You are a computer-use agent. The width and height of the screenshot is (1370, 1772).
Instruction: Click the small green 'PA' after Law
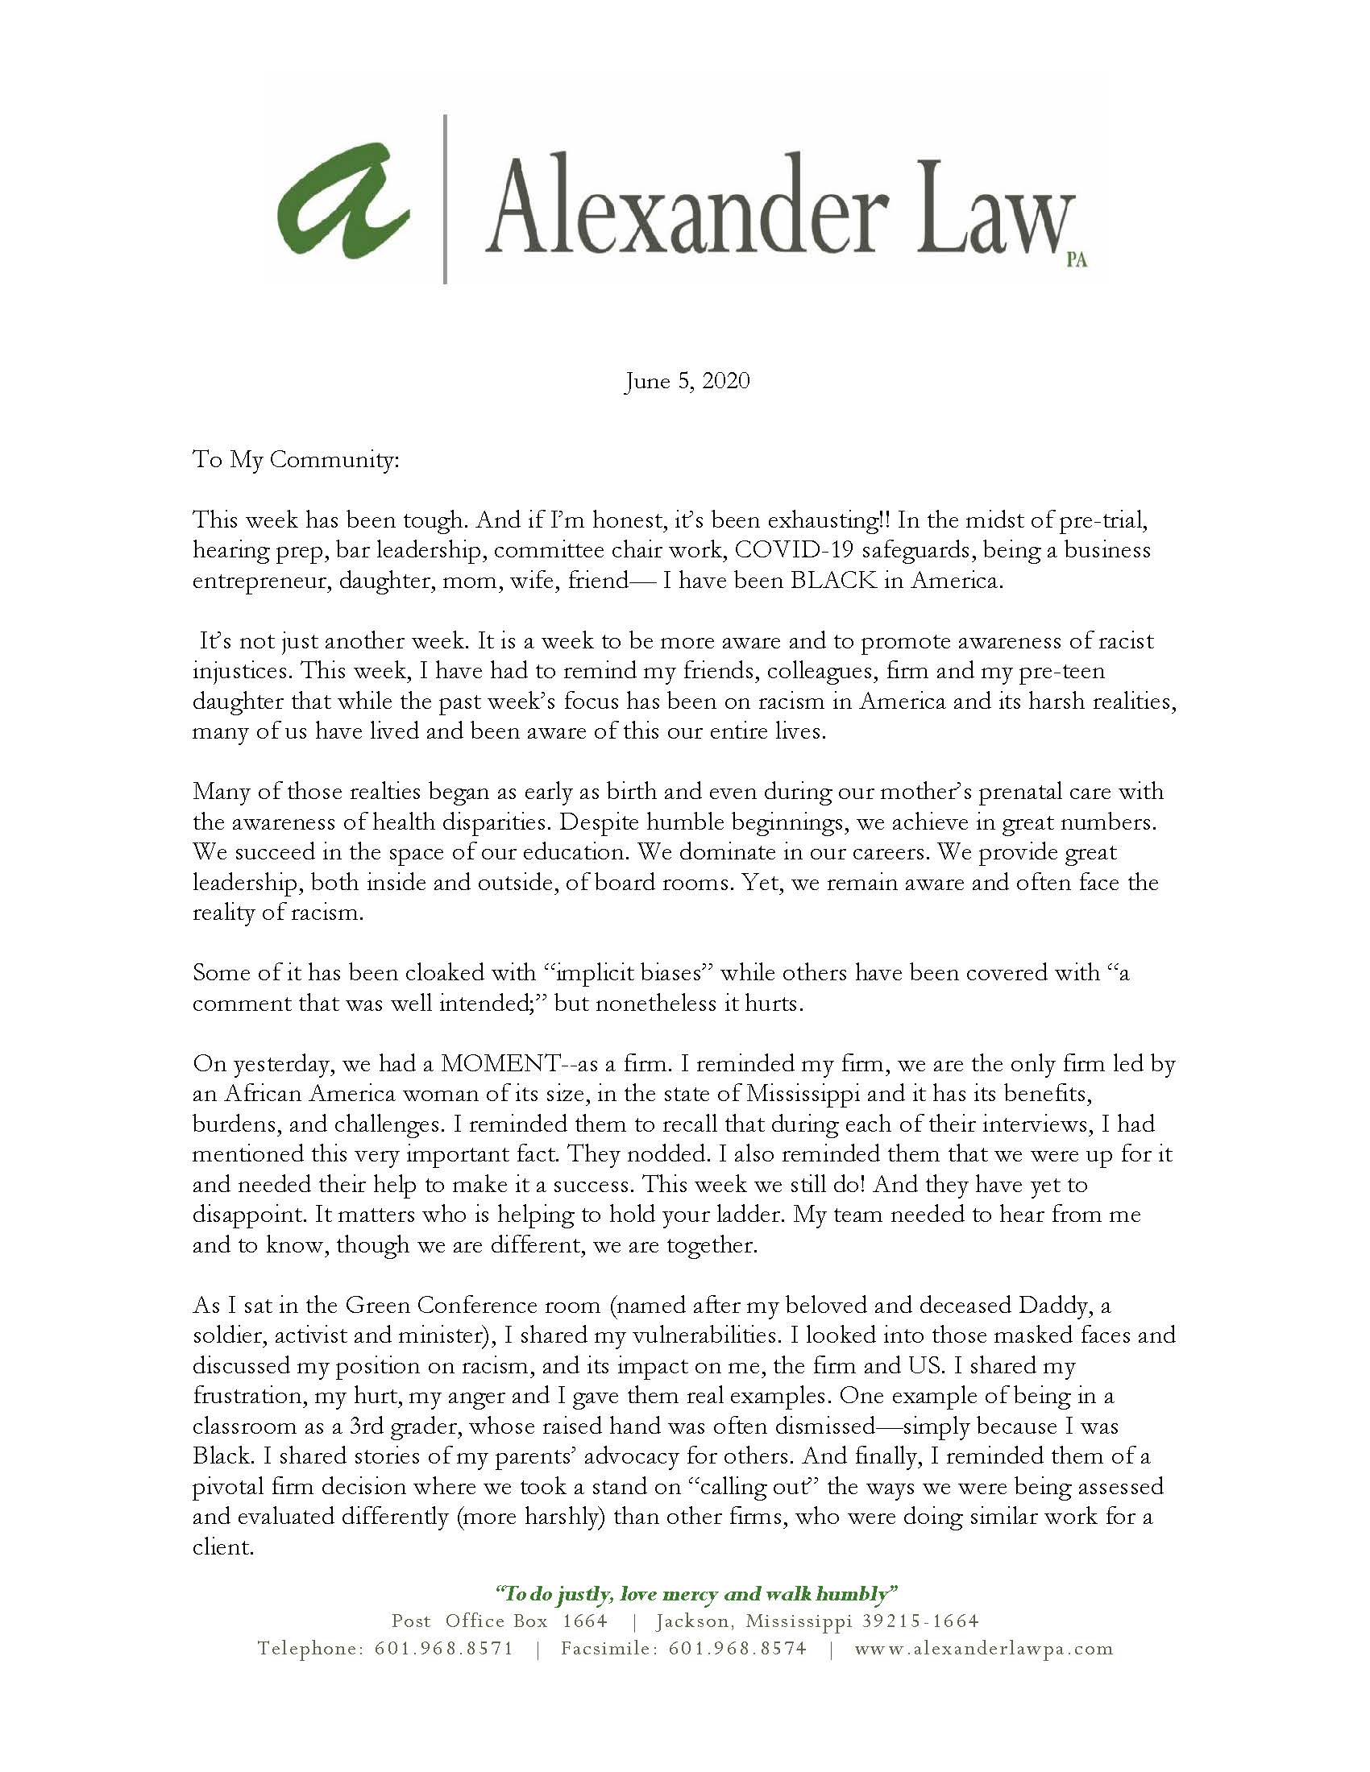click(1076, 261)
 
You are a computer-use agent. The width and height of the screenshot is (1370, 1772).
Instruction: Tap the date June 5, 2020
click(687, 381)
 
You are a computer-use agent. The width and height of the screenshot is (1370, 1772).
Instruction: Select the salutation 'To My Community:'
click(296, 461)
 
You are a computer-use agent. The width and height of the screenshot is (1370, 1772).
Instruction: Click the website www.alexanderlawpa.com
click(984, 1649)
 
